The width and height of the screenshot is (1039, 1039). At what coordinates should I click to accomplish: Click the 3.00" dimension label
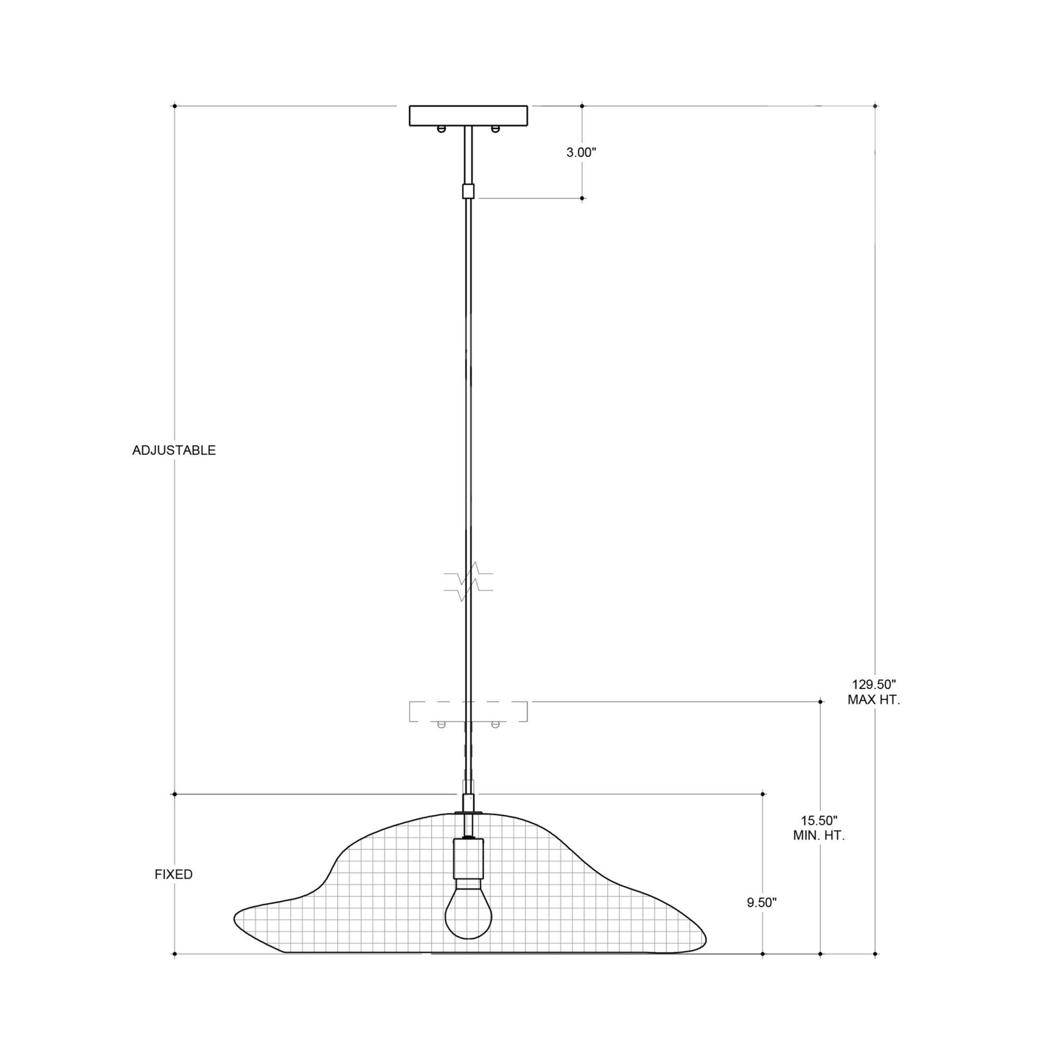click(581, 152)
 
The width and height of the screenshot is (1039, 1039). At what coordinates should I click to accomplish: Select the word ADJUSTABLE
click(174, 450)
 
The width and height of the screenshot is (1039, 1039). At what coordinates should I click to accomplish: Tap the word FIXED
click(173, 874)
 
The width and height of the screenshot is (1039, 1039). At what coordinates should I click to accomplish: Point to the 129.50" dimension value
click(873, 685)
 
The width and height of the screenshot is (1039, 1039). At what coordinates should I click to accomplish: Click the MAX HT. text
click(873, 700)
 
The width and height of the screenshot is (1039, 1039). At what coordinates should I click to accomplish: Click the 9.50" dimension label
click(762, 903)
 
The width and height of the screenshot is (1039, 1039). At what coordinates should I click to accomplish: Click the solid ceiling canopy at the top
click(468, 116)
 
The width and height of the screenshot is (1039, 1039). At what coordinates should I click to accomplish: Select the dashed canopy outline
click(468, 711)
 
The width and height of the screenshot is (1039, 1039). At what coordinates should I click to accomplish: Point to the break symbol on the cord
click(468, 581)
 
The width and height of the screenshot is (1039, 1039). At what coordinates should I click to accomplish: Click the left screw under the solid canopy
click(441, 128)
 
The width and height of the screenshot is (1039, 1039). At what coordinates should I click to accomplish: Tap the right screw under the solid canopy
click(495, 128)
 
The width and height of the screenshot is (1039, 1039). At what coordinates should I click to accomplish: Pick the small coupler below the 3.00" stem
click(468, 191)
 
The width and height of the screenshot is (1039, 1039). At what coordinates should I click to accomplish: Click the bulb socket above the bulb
click(468, 858)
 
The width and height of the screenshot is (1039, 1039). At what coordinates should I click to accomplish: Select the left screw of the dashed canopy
click(441, 724)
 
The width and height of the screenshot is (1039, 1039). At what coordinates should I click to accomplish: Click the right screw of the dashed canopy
click(495, 724)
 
